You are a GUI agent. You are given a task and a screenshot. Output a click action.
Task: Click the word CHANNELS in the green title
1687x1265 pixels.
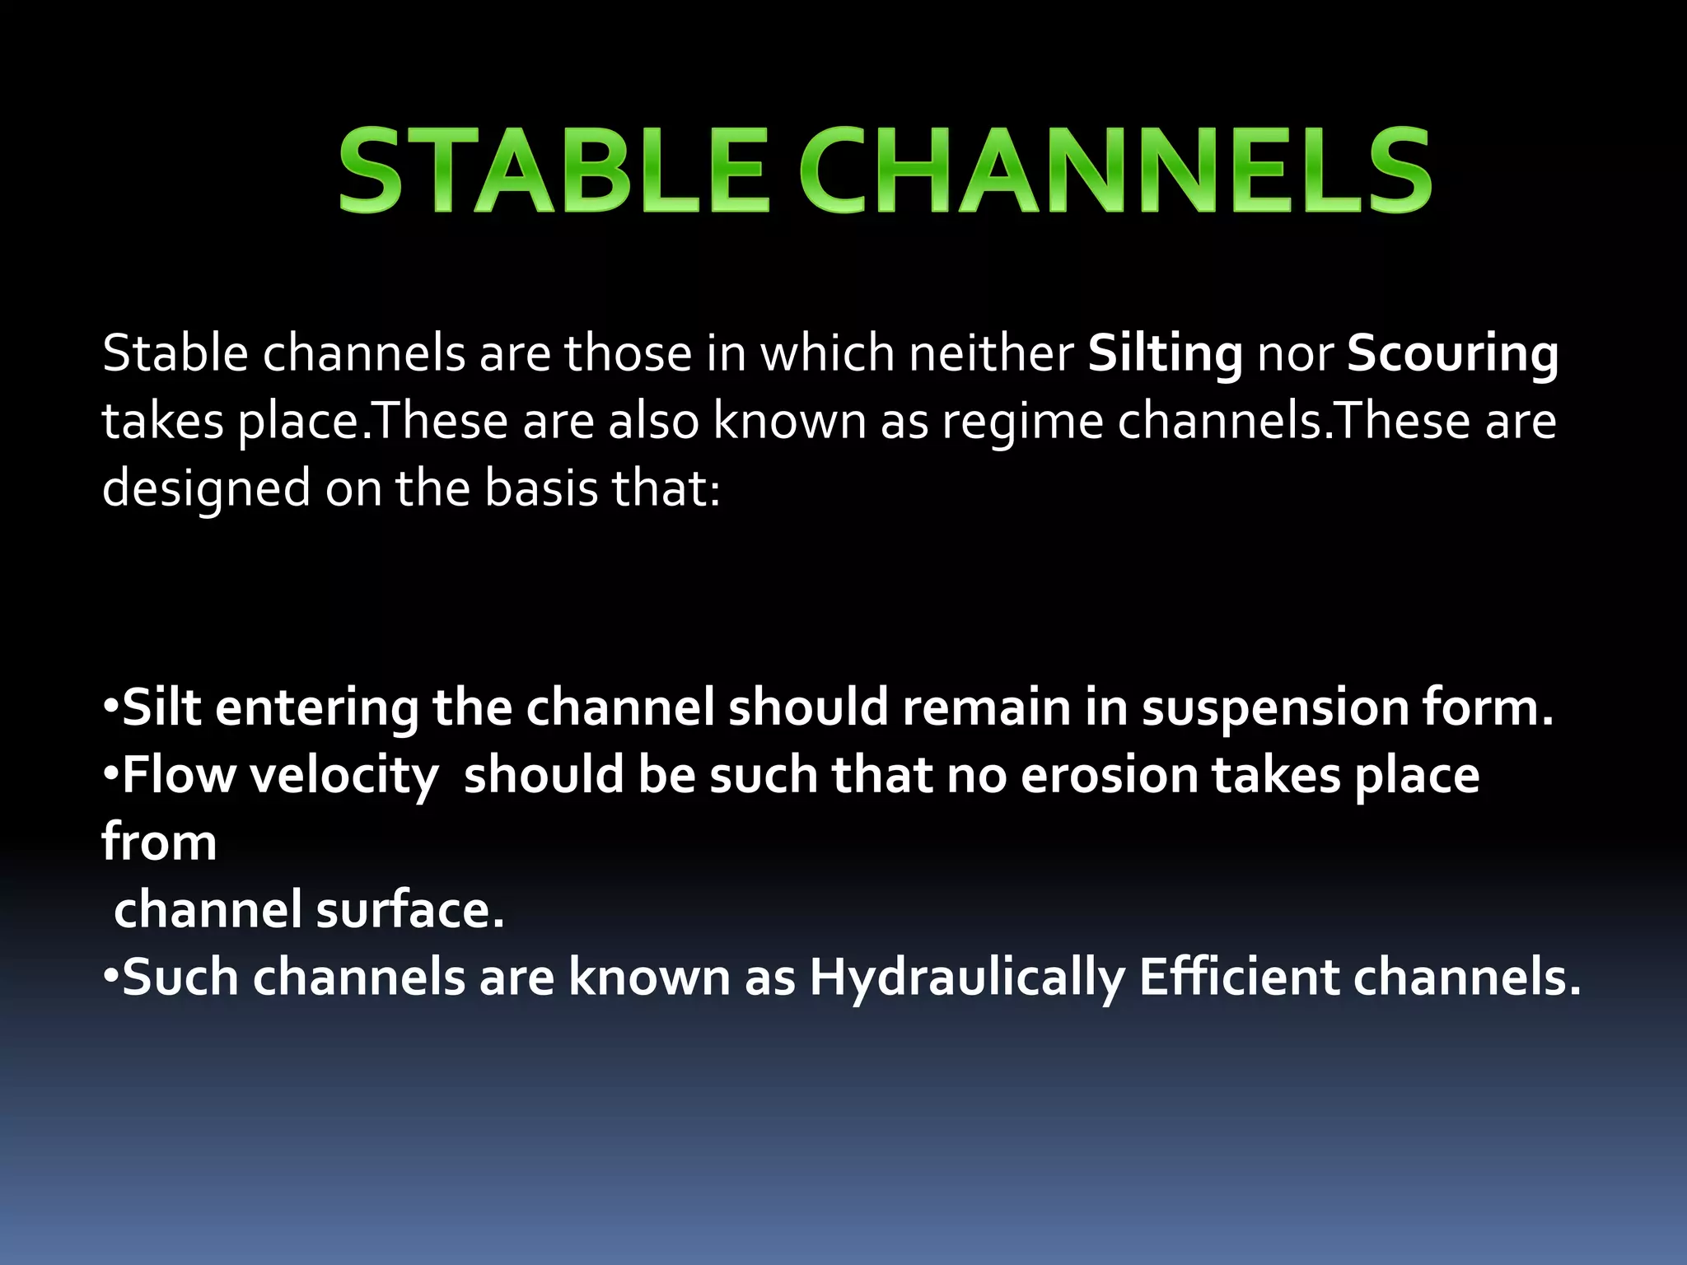tap(1116, 171)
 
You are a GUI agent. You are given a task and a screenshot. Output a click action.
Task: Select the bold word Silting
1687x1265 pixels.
tap(1165, 354)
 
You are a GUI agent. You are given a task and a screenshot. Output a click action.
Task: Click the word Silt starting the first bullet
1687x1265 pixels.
tap(161, 707)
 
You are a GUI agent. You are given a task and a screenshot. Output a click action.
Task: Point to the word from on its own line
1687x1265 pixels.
tap(159, 843)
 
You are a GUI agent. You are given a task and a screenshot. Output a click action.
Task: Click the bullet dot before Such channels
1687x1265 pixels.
tap(111, 978)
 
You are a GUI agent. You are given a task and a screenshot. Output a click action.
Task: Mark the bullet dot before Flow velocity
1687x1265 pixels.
tap(111, 775)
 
